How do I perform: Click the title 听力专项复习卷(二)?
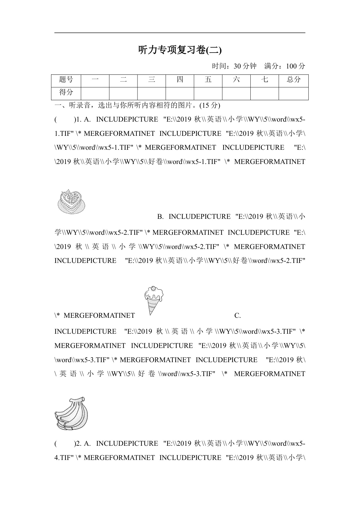coord(180,50)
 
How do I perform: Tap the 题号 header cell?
coord(66,80)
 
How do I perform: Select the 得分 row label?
coord(66,93)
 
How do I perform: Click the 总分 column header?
coord(293,80)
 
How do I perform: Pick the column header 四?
coord(180,80)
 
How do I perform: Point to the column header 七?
coord(265,80)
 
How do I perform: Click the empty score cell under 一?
coord(95,93)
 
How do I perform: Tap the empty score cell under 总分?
coord(293,93)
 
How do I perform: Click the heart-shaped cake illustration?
coord(71,201)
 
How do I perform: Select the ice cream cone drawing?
coord(153,300)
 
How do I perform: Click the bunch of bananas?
coord(71,413)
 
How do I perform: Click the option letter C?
coord(237,316)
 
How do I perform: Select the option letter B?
coord(160,217)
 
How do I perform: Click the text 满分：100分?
coord(285,66)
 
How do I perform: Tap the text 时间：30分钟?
coord(234,66)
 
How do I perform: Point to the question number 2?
coord(77,444)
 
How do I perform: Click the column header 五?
coord(208,80)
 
